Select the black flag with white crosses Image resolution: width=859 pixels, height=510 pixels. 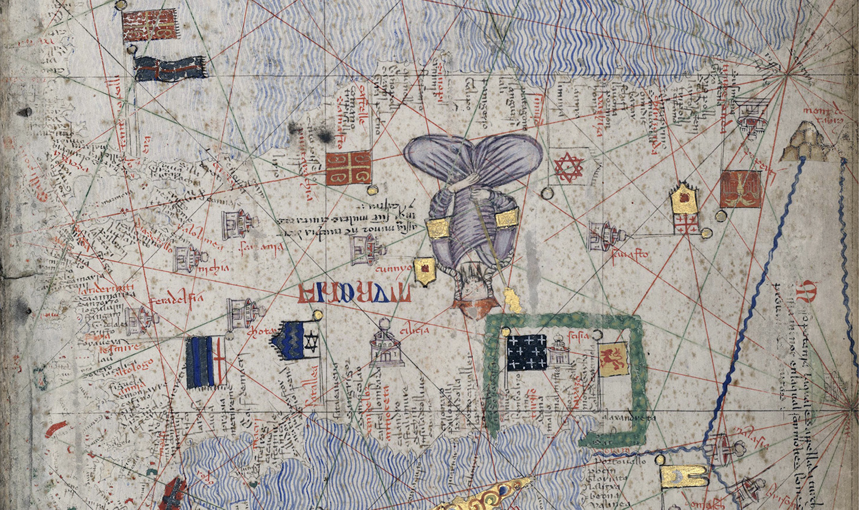coord(527,352)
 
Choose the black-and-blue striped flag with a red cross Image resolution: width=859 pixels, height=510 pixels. coord(205,363)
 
